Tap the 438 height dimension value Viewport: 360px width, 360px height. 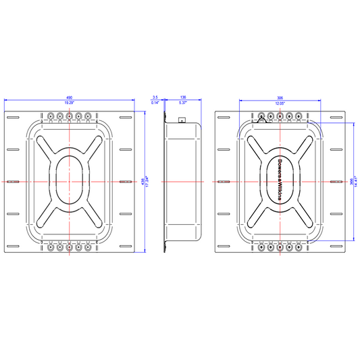143,180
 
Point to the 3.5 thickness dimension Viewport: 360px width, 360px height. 155,97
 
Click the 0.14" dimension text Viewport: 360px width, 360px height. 155,103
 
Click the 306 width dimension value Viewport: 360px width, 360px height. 279,97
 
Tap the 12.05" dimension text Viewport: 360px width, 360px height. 279,103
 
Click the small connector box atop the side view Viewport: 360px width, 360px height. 181,121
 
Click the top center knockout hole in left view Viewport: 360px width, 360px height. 70,115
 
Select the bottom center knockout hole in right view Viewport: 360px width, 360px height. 279,247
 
